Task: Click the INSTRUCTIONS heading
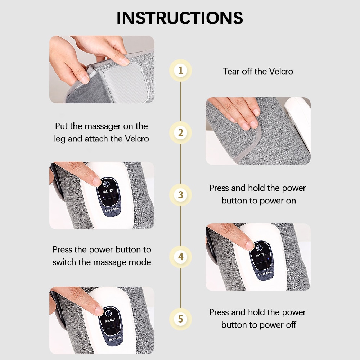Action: coord(180,18)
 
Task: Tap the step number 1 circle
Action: coord(180,70)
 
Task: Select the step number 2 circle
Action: coord(180,132)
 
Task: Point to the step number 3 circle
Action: coord(180,195)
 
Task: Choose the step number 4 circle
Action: coord(180,257)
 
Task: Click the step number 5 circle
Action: coord(180,319)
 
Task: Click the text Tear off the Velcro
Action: coord(258,71)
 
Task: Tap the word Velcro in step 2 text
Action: coord(135,139)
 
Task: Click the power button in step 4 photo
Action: coord(259,247)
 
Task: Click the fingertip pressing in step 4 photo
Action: coord(248,244)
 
